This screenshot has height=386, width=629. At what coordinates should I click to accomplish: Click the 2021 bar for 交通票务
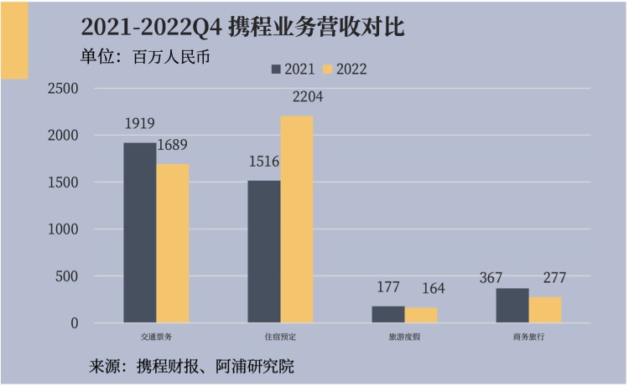tap(140, 233)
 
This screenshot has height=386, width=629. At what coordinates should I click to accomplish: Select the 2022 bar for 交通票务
tap(173, 243)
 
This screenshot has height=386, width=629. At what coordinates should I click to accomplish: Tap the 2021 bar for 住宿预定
tap(264, 251)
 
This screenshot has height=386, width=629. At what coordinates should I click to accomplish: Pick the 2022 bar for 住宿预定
tap(297, 219)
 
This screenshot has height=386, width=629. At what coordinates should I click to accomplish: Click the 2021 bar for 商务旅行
tap(512, 306)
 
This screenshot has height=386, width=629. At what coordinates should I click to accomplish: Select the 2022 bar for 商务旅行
tap(545, 310)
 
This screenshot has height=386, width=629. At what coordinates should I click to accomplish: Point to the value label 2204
tap(308, 97)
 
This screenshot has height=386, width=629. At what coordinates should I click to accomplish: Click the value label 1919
tap(140, 124)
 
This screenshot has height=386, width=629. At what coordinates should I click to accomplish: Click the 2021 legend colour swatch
tap(276, 69)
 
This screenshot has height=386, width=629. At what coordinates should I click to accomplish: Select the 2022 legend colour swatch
tap(329, 69)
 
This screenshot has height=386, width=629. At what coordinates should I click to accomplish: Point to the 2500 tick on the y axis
tap(63, 89)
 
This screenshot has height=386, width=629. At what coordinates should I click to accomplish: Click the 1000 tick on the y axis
tap(63, 229)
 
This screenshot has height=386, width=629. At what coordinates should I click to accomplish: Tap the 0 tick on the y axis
tap(74, 323)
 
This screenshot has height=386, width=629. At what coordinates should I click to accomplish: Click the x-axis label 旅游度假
tap(404, 337)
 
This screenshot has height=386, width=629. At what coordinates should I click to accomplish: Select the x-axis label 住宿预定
tap(280, 337)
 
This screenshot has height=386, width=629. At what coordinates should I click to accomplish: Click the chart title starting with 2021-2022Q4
tap(242, 27)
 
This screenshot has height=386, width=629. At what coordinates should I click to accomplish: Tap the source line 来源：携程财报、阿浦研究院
tap(192, 367)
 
